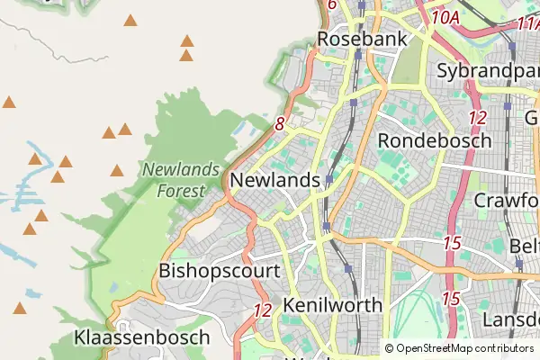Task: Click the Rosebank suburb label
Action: click(x=363, y=40)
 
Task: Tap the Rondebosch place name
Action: click(x=435, y=140)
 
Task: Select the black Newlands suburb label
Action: click(x=274, y=180)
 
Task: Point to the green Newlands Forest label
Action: click(x=181, y=178)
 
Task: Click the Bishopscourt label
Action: click(x=219, y=270)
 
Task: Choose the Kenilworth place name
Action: click(x=332, y=305)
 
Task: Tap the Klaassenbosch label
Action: click(x=142, y=337)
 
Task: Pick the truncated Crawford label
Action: click(x=507, y=199)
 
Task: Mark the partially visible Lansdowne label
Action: click(x=510, y=319)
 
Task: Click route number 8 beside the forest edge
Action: click(x=280, y=124)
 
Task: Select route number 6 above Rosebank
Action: click(x=332, y=4)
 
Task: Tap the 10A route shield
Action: click(x=445, y=16)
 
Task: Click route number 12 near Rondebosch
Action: click(x=478, y=117)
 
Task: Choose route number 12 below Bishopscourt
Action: click(x=263, y=310)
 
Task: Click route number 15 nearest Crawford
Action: click(x=452, y=243)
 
